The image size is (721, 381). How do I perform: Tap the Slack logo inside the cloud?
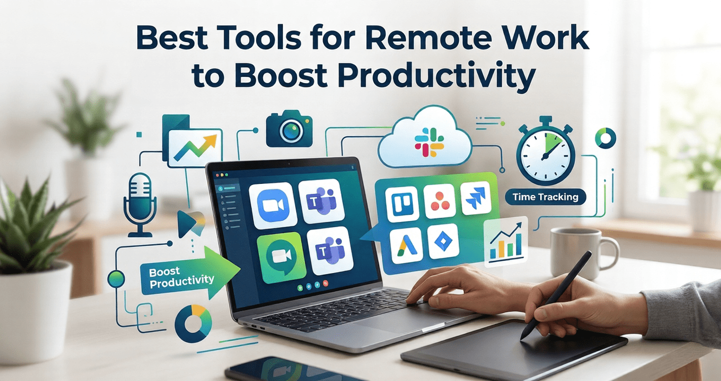click(429, 140)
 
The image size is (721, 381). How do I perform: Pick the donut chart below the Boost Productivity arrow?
click(193, 323)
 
